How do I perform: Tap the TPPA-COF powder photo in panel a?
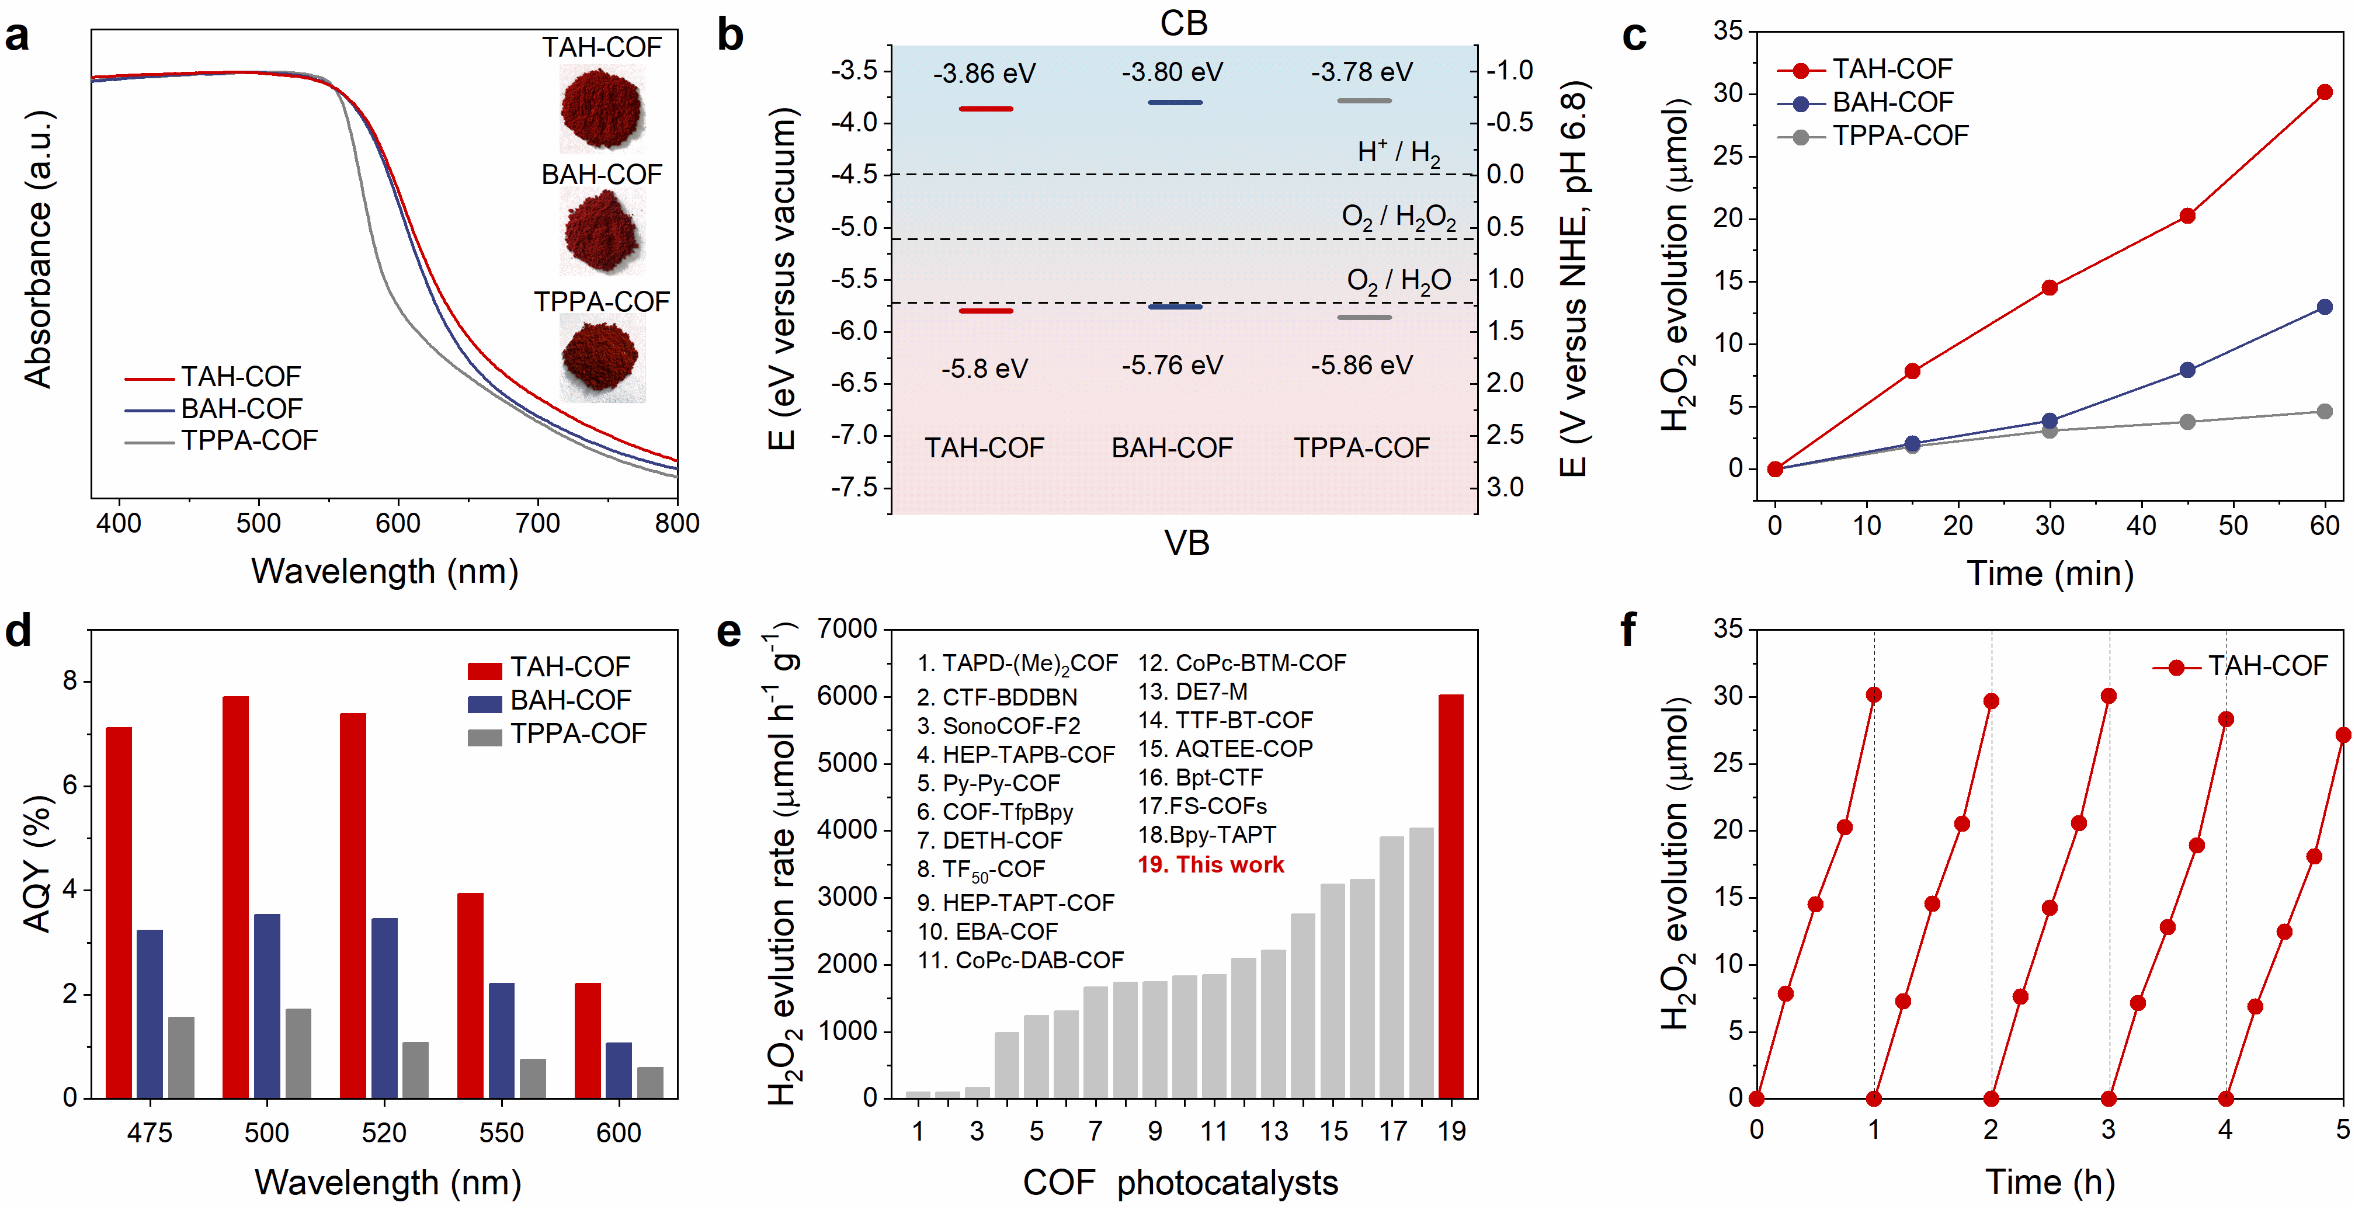(602, 359)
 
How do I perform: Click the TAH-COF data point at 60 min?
(2324, 92)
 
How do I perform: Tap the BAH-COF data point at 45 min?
(2187, 370)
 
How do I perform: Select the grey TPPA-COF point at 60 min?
(2324, 412)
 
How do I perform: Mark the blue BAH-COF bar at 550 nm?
(501, 1040)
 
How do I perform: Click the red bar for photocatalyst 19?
(1451, 896)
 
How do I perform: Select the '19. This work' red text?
(1210, 864)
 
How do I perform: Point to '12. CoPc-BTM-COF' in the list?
(1242, 663)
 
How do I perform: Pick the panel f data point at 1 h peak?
(1873, 695)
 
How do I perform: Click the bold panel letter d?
(18, 631)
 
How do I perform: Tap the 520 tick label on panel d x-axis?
(383, 1133)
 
